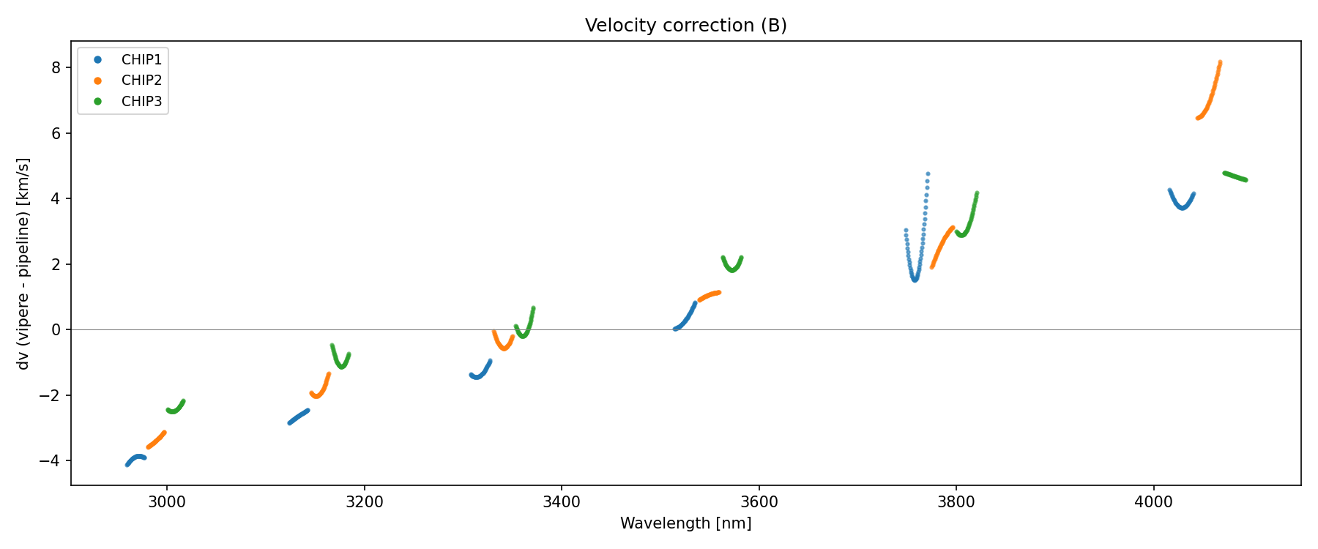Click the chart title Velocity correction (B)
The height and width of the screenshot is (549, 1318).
[685, 26]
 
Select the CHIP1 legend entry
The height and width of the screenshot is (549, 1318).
[141, 59]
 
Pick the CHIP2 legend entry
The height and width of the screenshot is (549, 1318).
[141, 81]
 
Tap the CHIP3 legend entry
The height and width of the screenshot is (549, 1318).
[141, 102]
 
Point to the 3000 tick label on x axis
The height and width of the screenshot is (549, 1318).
[167, 502]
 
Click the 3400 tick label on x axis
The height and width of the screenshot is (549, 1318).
[562, 502]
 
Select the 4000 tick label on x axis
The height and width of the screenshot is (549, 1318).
[1153, 502]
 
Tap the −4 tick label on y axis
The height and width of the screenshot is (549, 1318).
[51, 460]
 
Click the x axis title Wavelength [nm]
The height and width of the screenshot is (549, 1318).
[685, 523]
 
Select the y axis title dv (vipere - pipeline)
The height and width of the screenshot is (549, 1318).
[23, 264]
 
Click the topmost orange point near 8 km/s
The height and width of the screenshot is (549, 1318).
[1220, 63]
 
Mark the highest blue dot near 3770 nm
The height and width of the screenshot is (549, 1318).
[928, 174]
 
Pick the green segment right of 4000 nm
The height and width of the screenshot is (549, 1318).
[1235, 176]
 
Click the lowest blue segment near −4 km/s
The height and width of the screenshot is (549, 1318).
[135, 458]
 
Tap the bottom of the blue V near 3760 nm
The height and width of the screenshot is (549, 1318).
[915, 279]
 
